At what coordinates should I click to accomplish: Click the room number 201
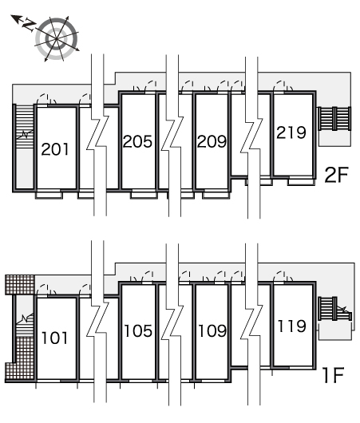[x=55, y=149]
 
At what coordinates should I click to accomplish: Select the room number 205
[x=137, y=141]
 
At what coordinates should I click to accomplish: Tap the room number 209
[x=212, y=141]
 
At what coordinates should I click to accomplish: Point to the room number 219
[x=291, y=132]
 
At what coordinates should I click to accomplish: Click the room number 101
[x=55, y=338]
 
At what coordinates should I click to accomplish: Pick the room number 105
[x=138, y=330]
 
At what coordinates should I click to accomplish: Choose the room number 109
[x=212, y=330]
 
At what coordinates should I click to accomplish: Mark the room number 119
[x=291, y=326]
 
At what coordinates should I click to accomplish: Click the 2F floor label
[x=337, y=175]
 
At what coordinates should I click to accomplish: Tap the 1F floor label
[x=334, y=375]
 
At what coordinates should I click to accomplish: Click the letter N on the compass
[x=29, y=25]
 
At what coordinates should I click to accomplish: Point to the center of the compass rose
[x=57, y=39]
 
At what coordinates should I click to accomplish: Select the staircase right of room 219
[x=334, y=119]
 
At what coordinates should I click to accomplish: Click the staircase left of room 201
[x=25, y=126]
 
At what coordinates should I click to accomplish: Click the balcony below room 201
[x=49, y=195]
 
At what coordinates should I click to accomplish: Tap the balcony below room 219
[x=301, y=181]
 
